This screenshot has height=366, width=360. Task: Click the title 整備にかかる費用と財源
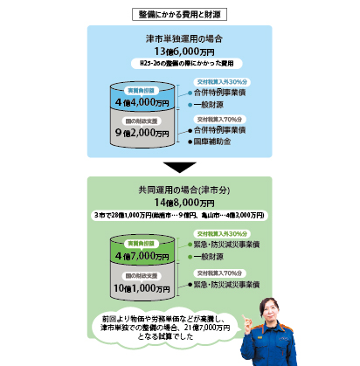pos(179,14)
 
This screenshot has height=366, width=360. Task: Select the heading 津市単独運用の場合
pos(179,38)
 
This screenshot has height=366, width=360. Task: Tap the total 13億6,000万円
pos(179,52)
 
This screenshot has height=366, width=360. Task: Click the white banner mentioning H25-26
pos(179,65)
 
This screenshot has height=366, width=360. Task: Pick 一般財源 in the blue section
pos(213,103)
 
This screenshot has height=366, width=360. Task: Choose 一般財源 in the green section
pos(213,257)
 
